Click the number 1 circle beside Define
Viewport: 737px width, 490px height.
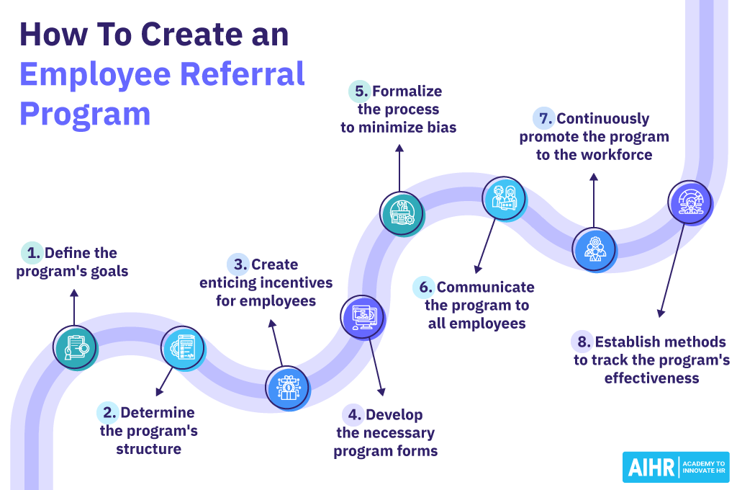32,253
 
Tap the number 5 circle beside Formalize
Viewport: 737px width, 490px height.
360,92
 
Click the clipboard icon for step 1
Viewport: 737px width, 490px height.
76,348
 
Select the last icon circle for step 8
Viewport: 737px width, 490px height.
689,202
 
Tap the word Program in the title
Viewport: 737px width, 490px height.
85,114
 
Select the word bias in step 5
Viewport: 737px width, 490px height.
440,128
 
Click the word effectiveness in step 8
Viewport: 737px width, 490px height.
651,378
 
